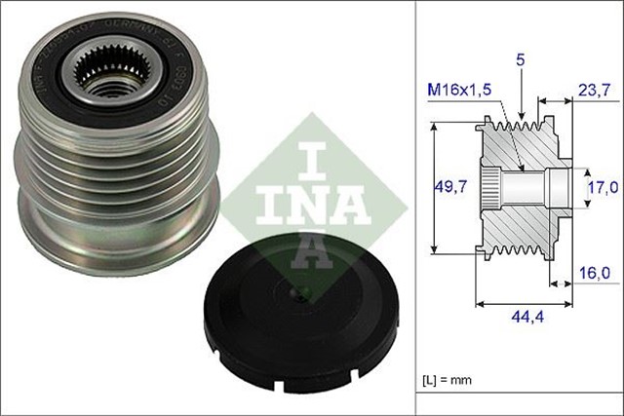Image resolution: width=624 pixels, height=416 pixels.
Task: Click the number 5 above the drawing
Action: coord(523,59)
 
